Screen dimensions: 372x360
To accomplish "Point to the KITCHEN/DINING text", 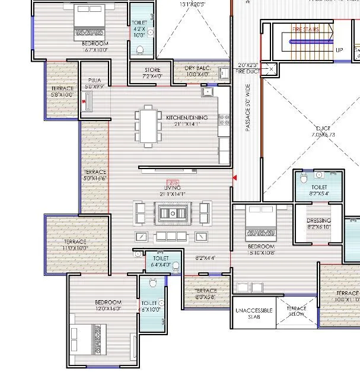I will [x=187, y=117].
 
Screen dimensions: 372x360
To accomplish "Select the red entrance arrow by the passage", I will [x=235, y=177].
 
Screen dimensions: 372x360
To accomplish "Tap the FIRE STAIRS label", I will [x=306, y=28].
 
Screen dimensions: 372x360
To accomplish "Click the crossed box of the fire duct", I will [x=270, y=69].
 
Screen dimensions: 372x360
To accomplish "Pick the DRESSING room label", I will [x=320, y=220].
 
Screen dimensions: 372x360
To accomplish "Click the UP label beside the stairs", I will [x=339, y=50].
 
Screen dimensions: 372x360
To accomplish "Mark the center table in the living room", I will [x=173, y=211].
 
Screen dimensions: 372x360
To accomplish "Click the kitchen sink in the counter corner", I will [x=208, y=93].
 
